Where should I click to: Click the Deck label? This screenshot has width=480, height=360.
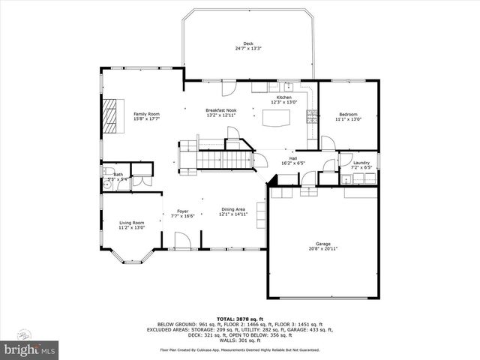tap(247, 43)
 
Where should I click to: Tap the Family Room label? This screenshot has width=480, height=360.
tap(146, 113)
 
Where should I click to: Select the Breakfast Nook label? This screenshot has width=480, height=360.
tap(220, 111)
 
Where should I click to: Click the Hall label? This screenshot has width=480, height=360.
tap(293, 158)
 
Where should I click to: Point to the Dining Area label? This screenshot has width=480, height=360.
tap(232, 209)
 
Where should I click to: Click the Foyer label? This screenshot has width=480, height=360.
tap(182, 211)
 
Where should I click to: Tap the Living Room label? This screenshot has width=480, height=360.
tap(132, 223)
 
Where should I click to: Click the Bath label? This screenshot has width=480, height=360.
tap(118, 175)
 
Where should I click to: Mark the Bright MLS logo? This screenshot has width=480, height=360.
tap(30, 349)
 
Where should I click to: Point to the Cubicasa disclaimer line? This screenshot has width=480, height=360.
tap(239, 349)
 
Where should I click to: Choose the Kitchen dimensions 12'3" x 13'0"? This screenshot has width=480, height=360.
tap(283, 103)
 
